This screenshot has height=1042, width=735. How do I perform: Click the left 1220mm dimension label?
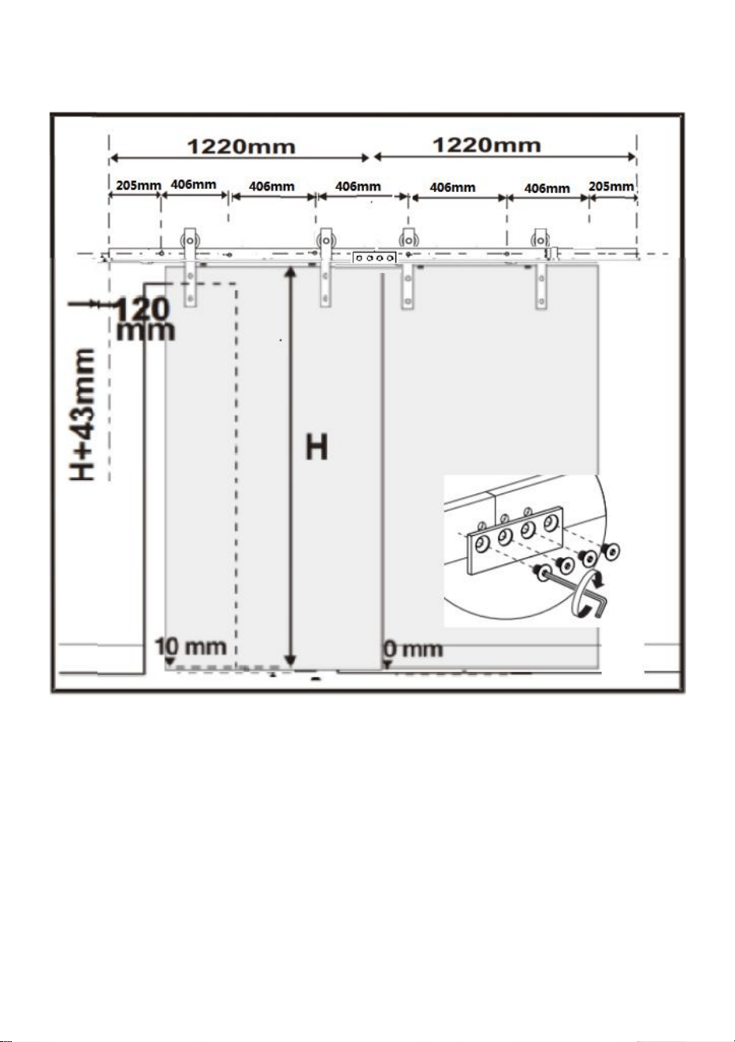[241, 146]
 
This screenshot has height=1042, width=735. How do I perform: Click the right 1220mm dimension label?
[487, 145]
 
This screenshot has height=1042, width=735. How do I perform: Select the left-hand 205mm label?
[139, 185]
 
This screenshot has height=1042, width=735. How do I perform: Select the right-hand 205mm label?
[611, 186]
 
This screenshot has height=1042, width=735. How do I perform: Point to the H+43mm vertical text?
[83, 414]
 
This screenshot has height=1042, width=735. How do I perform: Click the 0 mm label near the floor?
[413, 649]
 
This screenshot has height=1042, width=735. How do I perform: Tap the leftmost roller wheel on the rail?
[190, 241]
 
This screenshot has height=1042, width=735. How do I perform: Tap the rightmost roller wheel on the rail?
[540, 241]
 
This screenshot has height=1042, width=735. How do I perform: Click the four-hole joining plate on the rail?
[374, 257]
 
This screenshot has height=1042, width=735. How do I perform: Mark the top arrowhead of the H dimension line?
[290, 271]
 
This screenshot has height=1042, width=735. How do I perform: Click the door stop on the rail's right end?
[552, 253]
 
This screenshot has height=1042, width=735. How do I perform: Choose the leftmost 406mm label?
[193, 184]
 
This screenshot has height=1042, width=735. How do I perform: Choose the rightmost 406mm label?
[547, 188]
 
